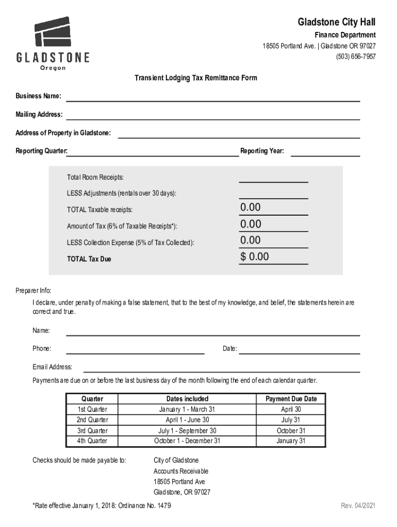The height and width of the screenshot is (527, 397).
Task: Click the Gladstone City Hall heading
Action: click(336, 22)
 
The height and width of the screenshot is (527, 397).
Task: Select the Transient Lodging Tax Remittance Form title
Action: click(196, 78)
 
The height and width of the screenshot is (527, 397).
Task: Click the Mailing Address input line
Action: click(212, 116)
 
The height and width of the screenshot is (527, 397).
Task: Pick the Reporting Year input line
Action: click(325, 152)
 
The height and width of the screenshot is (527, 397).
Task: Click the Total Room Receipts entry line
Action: click(273, 178)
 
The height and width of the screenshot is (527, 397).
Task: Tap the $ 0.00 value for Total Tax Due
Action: click(255, 257)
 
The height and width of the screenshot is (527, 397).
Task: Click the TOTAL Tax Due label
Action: click(89, 259)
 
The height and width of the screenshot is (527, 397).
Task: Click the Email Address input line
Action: click(222, 368)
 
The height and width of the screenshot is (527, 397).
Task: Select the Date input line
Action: click(300, 350)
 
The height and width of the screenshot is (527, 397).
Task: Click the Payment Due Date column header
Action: click(291, 399)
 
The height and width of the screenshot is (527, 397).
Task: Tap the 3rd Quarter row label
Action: click(92, 430)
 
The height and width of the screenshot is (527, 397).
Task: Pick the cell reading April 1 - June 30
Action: click(187, 420)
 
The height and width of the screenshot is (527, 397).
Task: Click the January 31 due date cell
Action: click(291, 441)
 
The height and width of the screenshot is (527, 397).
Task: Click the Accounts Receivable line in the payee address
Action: click(181, 471)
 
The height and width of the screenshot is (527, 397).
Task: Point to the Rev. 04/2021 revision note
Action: click(358, 506)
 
